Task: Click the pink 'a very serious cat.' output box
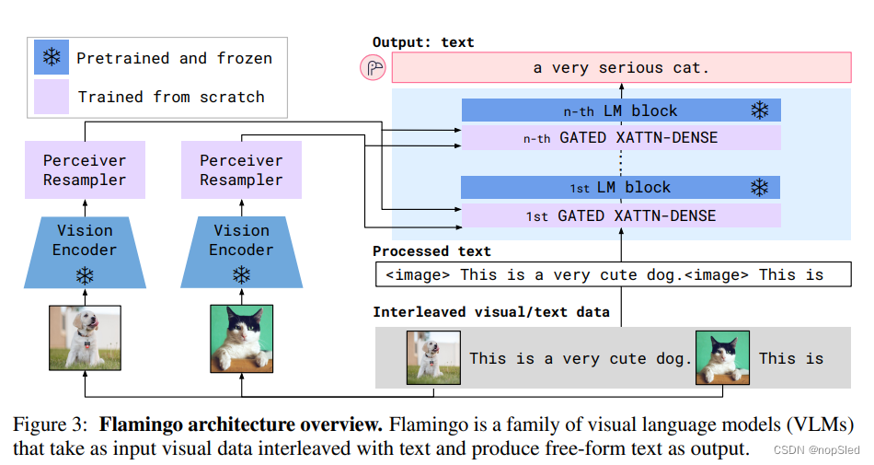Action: point(622,68)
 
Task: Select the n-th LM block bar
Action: point(621,111)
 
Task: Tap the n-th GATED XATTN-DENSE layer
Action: point(621,138)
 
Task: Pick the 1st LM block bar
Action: point(621,188)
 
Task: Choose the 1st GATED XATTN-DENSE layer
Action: point(621,216)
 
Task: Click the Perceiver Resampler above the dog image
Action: point(85,170)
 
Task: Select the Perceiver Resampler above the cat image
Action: point(241,170)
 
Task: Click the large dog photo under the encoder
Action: point(85,338)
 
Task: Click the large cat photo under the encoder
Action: point(242,338)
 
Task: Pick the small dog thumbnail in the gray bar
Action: point(433,358)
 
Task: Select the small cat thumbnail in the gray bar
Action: point(722,358)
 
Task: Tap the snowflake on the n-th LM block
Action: point(759,111)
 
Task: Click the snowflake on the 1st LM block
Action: point(759,188)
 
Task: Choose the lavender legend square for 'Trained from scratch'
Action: point(52,97)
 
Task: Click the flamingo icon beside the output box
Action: point(374,68)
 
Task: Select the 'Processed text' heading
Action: point(431,251)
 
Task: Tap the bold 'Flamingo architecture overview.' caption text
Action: point(241,425)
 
